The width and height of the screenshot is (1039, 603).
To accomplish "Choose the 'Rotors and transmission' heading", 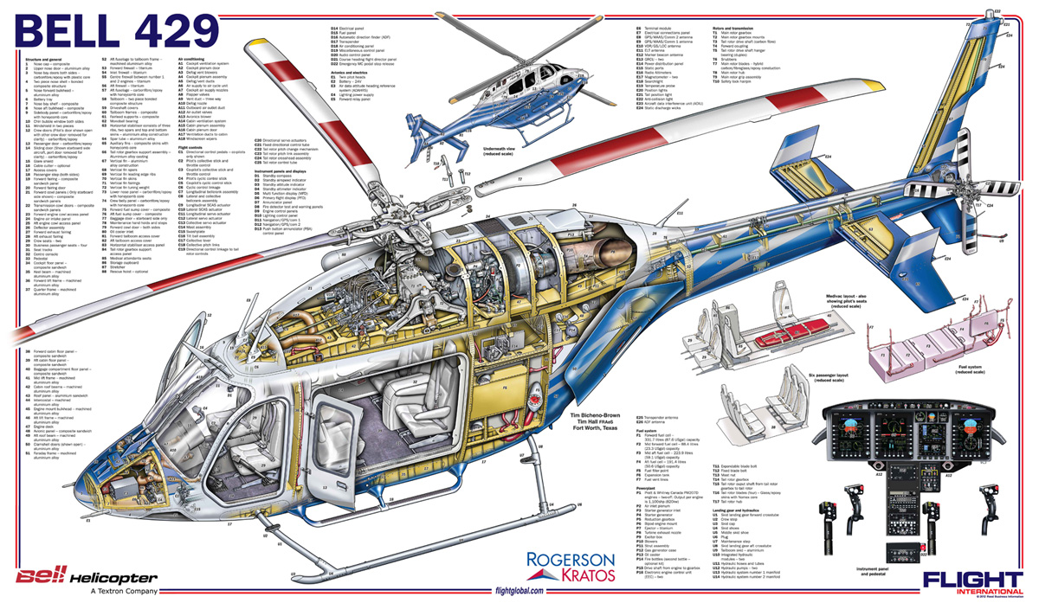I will tap(734, 28).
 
